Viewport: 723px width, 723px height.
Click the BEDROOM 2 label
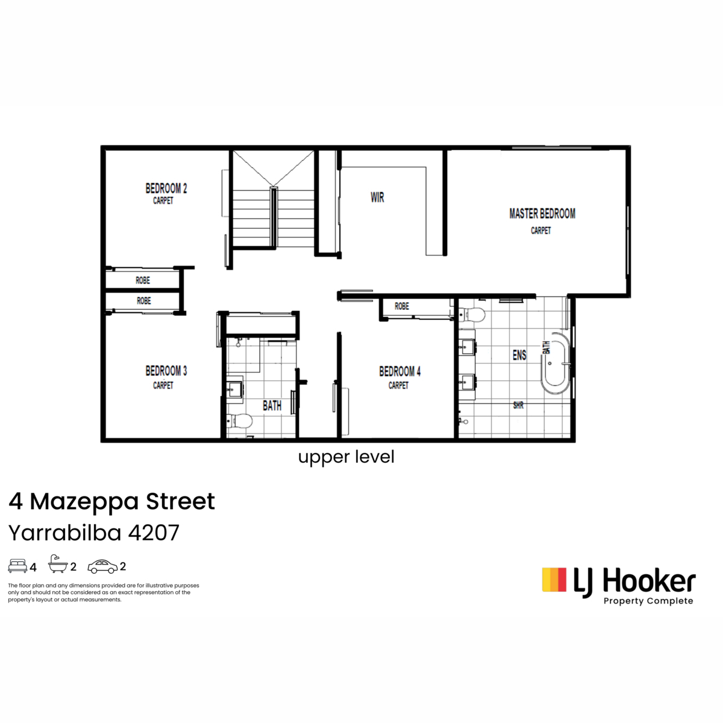coord(166,188)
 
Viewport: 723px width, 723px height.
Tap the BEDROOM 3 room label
coord(166,371)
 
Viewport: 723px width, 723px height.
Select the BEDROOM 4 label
coord(399,372)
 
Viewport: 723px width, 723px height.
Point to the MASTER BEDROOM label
coord(542,213)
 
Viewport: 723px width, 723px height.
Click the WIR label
coord(377,198)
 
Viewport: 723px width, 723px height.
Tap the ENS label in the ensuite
coord(519,355)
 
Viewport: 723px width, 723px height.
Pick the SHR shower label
coord(518,405)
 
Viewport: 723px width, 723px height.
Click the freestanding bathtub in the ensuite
coord(556,363)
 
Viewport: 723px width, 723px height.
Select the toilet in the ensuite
coord(472,314)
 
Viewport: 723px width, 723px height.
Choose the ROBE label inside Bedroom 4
coord(401,306)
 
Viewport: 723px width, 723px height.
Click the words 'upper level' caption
coord(346,457)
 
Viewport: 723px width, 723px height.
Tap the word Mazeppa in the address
coord(85,501)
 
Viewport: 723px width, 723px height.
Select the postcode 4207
coord(154,533)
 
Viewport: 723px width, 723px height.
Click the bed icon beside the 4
coord(17,565)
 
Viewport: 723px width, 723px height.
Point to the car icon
coord(102,566)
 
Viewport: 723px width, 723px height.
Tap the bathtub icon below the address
coord(58,564)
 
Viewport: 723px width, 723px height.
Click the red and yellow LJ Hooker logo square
coord(554,580)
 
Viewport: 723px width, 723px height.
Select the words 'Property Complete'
coord(648,601)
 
